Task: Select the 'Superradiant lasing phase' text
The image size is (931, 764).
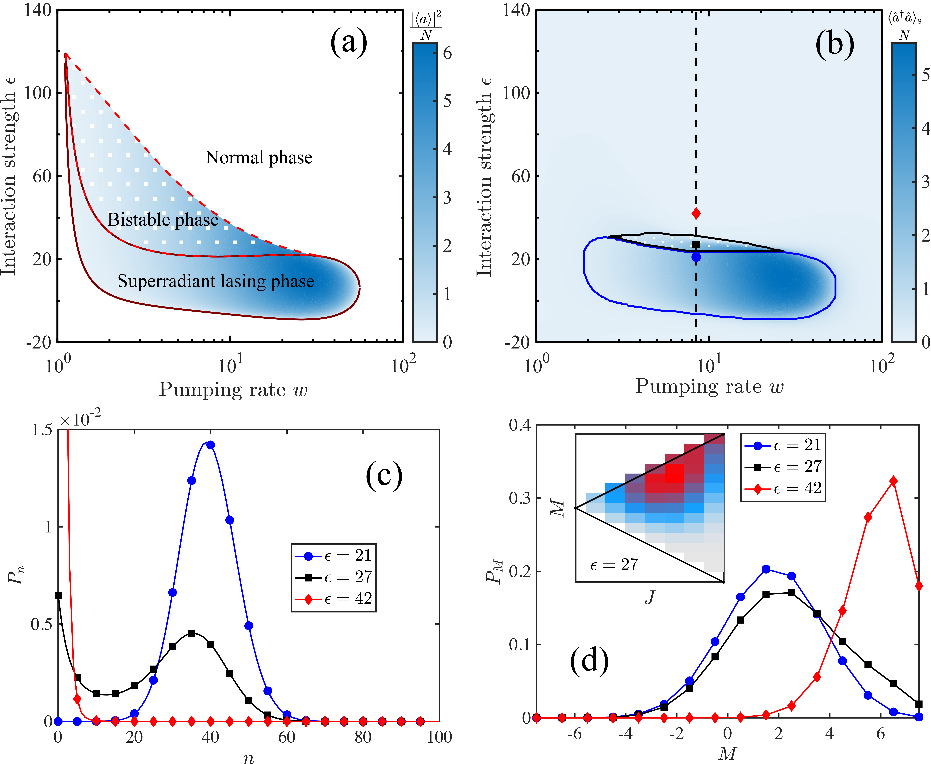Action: click(216, 281)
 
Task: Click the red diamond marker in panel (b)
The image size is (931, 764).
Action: click(696, 213)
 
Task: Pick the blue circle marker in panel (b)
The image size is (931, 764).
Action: click(696, 257)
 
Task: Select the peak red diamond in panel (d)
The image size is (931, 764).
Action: click(893, 481)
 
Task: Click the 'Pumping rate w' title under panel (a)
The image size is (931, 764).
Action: click(233, 389)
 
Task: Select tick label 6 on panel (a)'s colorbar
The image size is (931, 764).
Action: click(447, 53)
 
